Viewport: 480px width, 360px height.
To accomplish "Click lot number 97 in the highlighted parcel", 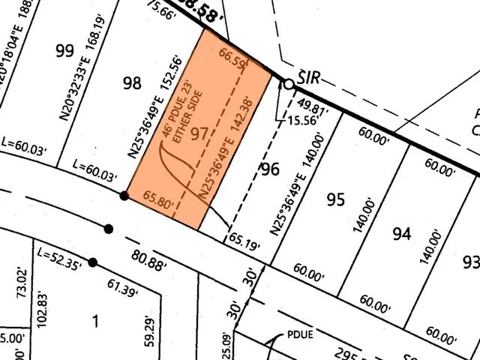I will pyautogui.click(x=199, y=134).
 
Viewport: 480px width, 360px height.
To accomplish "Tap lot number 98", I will pyautogui.click(x=132, y=82).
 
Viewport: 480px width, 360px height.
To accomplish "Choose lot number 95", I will pyautogui.click(x=335, y=199).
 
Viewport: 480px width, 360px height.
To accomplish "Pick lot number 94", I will pyautogui.click(x=401, y=234).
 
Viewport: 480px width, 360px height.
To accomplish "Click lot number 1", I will pyautogui.click(x=94, y=322).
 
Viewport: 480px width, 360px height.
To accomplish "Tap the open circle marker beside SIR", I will pyautogui.click(x=287, y=83).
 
